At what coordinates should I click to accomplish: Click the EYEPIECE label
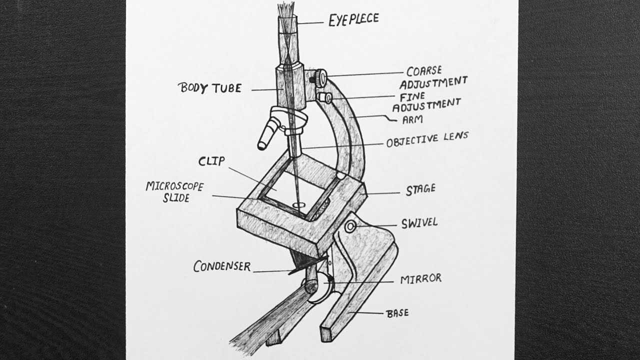(x=353, y=19)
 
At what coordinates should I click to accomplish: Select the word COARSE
(x=424, y=71)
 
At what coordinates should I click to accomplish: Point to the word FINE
(x=412, y=97)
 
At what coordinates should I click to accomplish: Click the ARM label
(x=412, y=119)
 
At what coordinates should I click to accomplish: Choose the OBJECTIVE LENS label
(x=427, y=139)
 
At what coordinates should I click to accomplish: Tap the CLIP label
(x=211, y=161)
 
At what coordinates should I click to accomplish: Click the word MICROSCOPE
(x=174, y=186)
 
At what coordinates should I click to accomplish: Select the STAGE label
(x=421, y=189)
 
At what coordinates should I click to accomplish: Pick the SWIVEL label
(x=419, y=223)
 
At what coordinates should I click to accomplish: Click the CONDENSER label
(x=222, y=266)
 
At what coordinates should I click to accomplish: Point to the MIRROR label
(x=421, y=279)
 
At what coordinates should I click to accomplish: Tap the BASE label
(x=397, y=313)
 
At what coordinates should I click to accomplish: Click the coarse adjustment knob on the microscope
(x=321, y=77)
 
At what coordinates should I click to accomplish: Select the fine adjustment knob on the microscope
(x=325, y=97)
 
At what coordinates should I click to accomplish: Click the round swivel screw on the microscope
(x=350, y=227)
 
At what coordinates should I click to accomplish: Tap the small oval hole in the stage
(x=299, y=205)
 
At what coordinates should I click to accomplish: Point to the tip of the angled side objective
(x=261, y=146)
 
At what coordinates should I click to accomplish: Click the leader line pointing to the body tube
(x=267, y=90)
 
